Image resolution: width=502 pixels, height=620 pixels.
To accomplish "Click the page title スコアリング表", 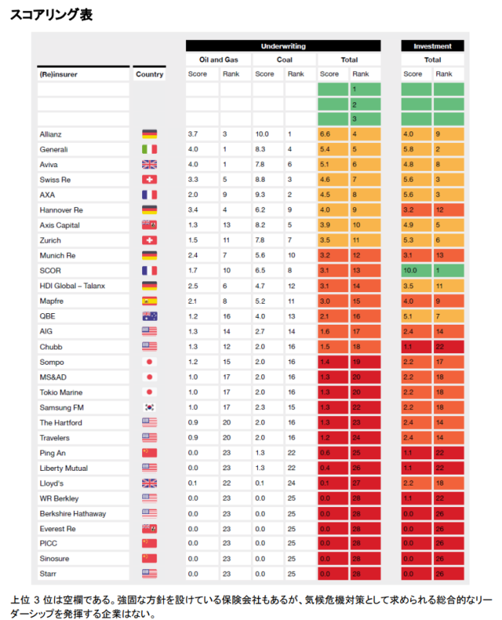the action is click(51, 15).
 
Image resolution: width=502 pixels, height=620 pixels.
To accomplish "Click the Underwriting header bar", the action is click(283, 46).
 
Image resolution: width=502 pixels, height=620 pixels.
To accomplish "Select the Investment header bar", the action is click(432, 46).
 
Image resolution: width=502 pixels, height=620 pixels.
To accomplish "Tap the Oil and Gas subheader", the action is click(219, 60).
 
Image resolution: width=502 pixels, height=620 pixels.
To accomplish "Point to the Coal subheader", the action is click(284, 60).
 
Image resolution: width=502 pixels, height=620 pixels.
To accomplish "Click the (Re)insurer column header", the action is click(59, 74).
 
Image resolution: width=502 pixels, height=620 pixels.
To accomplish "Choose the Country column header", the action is click(149, 74).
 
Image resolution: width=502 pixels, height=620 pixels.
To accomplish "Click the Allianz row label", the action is click(50, 135).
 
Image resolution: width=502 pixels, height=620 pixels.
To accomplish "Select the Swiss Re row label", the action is click(55, 180).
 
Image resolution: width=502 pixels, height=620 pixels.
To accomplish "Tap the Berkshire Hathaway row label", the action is click(73, 513).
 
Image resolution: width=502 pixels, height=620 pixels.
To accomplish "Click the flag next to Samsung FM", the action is click(149, 407).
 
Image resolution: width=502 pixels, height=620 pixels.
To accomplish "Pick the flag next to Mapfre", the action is click(149, 301).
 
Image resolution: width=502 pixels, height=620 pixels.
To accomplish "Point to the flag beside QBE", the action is click(149, 316).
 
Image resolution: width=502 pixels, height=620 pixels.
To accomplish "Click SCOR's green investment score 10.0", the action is click(410, 271).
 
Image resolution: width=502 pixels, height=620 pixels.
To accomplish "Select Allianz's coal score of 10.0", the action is click(262, 134).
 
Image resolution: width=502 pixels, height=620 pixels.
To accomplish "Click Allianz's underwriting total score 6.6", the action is click(325, 134).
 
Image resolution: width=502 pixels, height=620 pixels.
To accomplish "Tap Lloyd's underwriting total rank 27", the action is click(356, 483).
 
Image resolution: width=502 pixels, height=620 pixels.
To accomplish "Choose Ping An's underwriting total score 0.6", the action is click(325, 453).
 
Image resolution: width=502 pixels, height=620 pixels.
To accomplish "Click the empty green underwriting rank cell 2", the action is click(365, 105).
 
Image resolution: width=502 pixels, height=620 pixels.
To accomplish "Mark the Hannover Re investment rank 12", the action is click(439, 210).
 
